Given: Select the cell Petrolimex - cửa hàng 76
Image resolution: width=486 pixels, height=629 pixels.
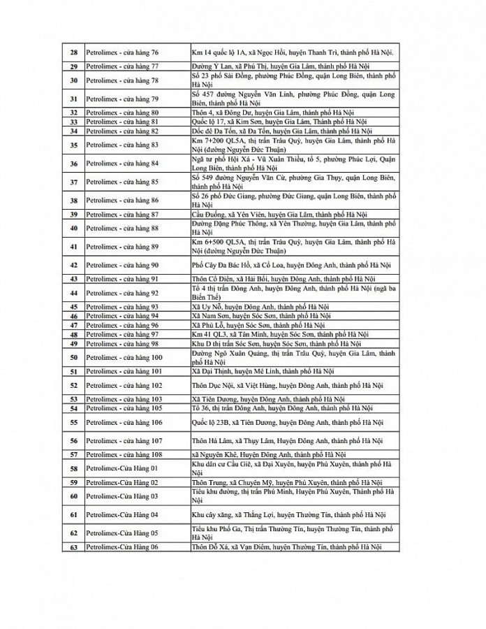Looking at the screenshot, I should [x=122, y=52].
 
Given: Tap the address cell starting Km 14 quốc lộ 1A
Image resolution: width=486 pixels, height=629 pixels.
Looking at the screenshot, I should [x=292, y=52].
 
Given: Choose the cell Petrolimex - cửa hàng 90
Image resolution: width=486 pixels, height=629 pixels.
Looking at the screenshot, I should [x=122, y=266].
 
